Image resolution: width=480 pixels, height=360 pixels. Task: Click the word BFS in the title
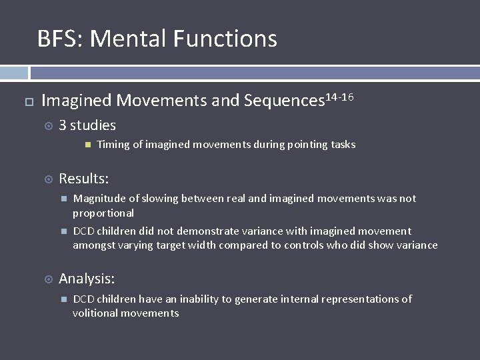pyautogui.click(x=57, y=39)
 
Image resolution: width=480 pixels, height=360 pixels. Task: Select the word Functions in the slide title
pyautogui.click(x=225, y=39)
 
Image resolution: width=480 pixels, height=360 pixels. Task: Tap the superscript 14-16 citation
pyautogui.click(x=339, y=98)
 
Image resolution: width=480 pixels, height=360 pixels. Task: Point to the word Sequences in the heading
pyautogui.click(x=283, y=101)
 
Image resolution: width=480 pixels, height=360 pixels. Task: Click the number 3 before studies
pyautogui.click(x=63, y=125)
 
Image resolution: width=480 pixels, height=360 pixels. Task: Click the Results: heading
pyautogui.click(x=84, y=179)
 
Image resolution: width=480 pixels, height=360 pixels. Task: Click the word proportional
pyautogui.click(x=103, y=213)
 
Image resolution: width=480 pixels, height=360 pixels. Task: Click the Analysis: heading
pyautogui.click(x=87, y=279)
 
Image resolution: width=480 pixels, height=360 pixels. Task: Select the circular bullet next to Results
pyautogui.click(x=48, y=179)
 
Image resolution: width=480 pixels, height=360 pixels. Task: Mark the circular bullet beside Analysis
pyautogui.click(x=48, y=279)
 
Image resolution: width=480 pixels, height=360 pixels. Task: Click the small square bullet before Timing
pyautogui.click(x=87, y=145)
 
